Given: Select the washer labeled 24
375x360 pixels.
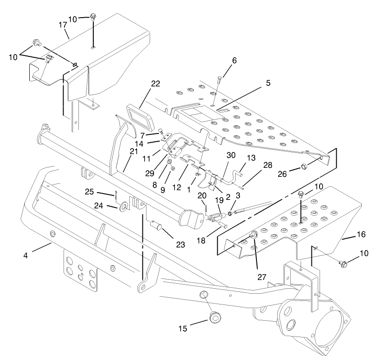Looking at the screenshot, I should (x=123, y=209).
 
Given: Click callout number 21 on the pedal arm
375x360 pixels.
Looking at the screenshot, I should (x=133, y=152).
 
